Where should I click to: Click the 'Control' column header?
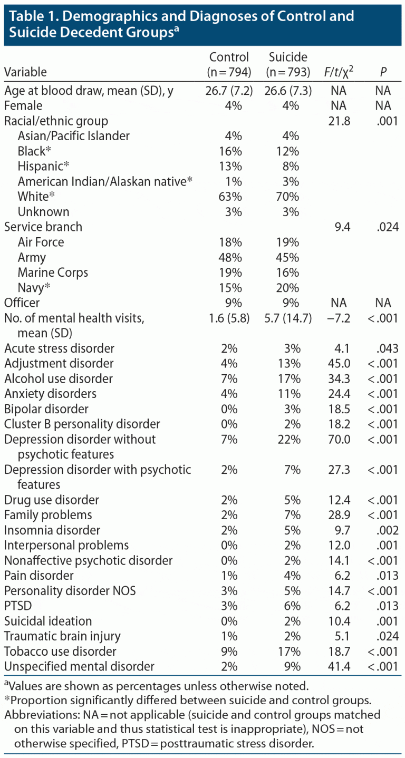pos(229,57)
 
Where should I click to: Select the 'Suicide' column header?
pos(288,57)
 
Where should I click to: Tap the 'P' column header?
pos(383,72)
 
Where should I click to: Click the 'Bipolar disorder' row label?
pos(46,409)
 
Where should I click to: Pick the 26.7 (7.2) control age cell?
pos(229,91)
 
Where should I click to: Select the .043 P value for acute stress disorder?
pos(383,348)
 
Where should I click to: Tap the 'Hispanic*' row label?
pos(44,167)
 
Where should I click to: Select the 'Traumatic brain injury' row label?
pos(62,636)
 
